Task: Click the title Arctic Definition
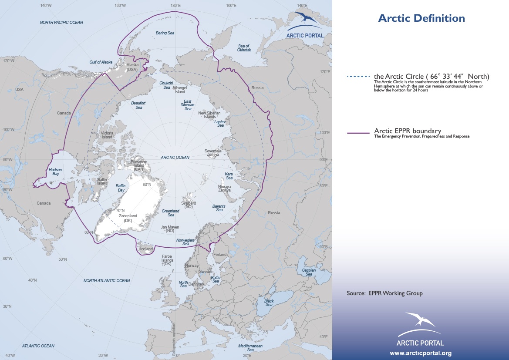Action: point(421,18)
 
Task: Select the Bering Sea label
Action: point(165,33)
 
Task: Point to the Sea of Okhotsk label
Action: point(244,48)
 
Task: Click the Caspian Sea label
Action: point(309,272)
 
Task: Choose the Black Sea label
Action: point(269,303)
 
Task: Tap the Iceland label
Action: point(146,249)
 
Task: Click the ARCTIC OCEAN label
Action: point(175,158)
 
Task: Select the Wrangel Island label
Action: point(180,90)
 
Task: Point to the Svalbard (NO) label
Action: point(189,205)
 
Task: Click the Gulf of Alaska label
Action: point(101,62)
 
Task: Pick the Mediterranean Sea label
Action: point(250,347)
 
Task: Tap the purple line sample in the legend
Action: point(358,132)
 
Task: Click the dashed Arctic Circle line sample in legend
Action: point(358,77)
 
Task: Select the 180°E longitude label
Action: point(175,6)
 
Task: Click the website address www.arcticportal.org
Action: point(420,353)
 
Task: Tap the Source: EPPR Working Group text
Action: point(384,293)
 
